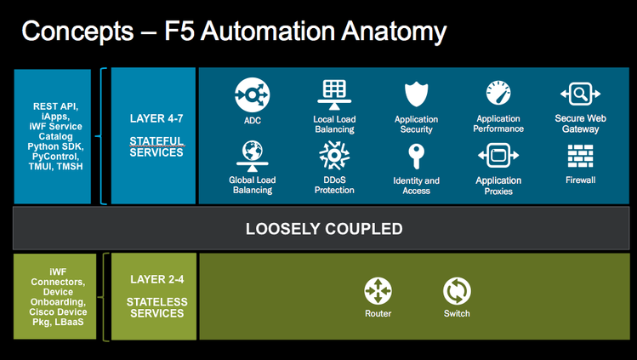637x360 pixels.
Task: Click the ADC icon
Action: pyautogui.click(x=252, y=94)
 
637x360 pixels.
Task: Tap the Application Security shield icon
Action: pyautogui.click(x=416, y=94)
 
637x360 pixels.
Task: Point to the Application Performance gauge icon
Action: pyautogui.click(x=498, y=93)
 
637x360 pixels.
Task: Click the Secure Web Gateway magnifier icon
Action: pyautogui.click(x=579, y=93)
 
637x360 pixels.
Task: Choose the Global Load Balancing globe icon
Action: pyautogui.click(x=252, y=154)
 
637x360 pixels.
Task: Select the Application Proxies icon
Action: pyautogui.click(x=498, y=155)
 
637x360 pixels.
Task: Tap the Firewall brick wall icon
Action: pyautogui.click(x=580, y=155)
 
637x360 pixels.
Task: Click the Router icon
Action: pyautogui.click(x=378, y=291)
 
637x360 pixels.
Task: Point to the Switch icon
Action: pyautogui.click(x=457, y=291)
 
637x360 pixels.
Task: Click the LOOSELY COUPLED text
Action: pyautogui.click(x=324, y=229)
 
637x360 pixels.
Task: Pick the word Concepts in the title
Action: pyautogui.click(x=76, y=32)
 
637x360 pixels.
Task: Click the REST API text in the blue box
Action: pyautogui.click(x=53, y=106)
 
